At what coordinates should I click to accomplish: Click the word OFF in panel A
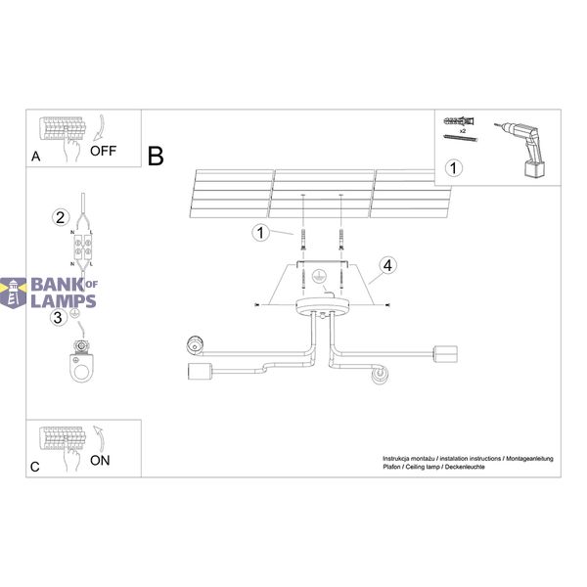coord(103,151)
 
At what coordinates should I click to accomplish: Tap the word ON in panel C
coord(100,461)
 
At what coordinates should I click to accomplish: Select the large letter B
coord(156,157)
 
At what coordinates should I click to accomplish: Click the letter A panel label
coord(35,157)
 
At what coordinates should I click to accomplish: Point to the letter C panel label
coord(35,467)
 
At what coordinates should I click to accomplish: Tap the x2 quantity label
coord(463,131)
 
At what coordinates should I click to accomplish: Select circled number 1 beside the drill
coord(453,168)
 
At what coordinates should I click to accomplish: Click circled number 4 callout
coord(387,265)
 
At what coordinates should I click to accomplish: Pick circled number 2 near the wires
coord(61,217)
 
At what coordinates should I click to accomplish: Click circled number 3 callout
coord(58,317)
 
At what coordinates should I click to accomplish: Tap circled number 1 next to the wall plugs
coord(260,233)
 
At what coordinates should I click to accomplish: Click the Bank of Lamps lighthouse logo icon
coord(14,293)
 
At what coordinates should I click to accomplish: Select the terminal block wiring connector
coord(83,248)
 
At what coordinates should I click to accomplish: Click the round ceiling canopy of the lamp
coord(323,307)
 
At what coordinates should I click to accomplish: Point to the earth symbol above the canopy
coord(319,277)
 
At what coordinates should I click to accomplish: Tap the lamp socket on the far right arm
coord(445,354)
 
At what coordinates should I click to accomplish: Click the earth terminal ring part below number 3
coord(81,362)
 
